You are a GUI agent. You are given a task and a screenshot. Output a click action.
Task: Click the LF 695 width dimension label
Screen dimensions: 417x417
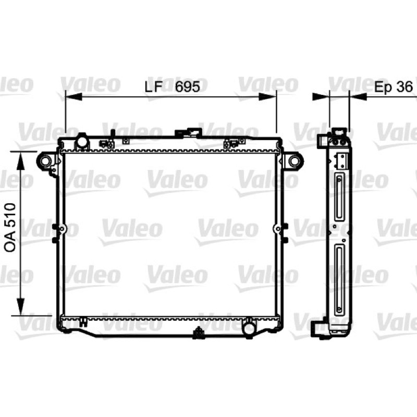[172, 87]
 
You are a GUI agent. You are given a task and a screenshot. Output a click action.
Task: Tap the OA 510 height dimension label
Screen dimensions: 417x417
[10, 228]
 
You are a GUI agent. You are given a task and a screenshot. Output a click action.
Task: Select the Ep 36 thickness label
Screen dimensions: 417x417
[394, 87]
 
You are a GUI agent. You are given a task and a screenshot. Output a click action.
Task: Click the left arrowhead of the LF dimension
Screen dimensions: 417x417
[73, 97]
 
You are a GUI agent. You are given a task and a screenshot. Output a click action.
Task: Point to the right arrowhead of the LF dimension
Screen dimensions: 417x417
[267, 97]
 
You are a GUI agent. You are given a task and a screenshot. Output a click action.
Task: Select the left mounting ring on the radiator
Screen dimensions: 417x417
[45, 161]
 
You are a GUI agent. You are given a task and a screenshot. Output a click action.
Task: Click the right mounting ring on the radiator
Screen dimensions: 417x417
[295, 161]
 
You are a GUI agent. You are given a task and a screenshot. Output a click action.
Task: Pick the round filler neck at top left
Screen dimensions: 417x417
[82, 142]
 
